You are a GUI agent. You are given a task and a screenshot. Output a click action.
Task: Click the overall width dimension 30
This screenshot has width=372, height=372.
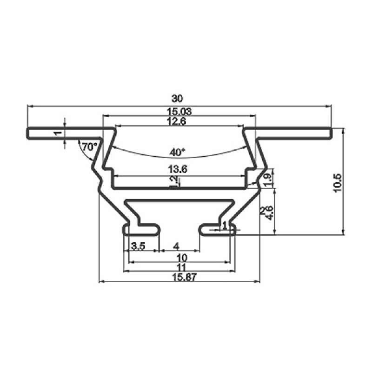(x=177, y=99)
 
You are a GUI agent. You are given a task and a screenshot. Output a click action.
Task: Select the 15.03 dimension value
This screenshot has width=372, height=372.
(x=179, y=112)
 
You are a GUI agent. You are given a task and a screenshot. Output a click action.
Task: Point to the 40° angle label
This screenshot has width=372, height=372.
(x=177, y=152)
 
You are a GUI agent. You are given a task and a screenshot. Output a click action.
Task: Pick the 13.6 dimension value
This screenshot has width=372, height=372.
(x=178, y=169)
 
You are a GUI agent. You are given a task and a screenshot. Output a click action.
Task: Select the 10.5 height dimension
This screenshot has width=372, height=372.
(x=338, y=183)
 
